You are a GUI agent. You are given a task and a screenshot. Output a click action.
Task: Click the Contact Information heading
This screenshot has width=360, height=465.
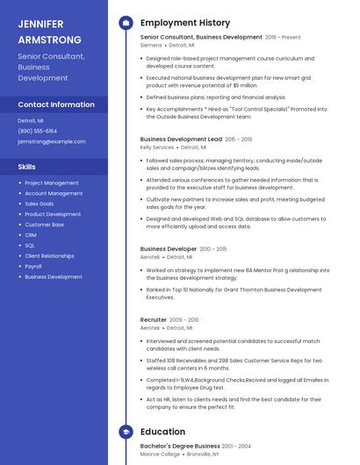pyautogui.click(x=56, y=104)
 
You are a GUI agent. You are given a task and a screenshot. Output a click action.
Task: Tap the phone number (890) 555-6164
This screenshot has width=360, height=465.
pyautogui.click(x=37, y=131)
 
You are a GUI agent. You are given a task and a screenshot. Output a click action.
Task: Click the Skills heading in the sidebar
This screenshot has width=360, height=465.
pyautogui.click(x=27, y=167)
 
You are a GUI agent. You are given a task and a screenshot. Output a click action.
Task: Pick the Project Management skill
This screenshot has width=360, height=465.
pyautogui.click(x=52, y=182)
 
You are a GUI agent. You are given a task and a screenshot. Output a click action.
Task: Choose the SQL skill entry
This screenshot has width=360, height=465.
pyautogui.click(x=30, y=246)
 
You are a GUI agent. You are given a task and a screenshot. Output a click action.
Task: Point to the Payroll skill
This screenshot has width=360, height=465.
pyautogui.click(x=33, y=266)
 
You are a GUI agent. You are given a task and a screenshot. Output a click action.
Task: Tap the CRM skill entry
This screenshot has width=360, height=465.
pyautogui.click(x=31, y=235)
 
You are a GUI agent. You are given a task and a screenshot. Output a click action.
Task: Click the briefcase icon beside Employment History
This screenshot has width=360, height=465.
pyautogui.click(x=126, y=23)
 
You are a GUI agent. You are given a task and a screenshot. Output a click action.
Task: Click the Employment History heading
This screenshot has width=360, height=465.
pyautogui.click(x=185, y=23)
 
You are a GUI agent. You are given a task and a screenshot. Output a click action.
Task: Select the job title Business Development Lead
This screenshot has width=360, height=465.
pyautogui.click(x=181, y=139)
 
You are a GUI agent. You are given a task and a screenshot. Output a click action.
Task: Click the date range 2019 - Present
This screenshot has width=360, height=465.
pyautogui.click(x=283, y=38)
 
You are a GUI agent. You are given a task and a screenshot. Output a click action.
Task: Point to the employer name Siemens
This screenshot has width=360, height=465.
pyautogui.click(x=151, y=45)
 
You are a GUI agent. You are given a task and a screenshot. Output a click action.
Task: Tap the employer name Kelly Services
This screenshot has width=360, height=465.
pyautogui.click(x=157, y=147)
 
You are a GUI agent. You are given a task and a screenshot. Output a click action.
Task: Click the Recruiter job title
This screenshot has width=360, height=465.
pyautogui.click(x=154, y=319)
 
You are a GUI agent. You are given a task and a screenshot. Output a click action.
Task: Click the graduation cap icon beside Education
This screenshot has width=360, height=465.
pyautogui.click(x=126, y=432)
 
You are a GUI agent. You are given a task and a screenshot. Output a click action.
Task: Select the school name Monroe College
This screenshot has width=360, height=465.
pyautogui.click(x=161, y=454)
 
